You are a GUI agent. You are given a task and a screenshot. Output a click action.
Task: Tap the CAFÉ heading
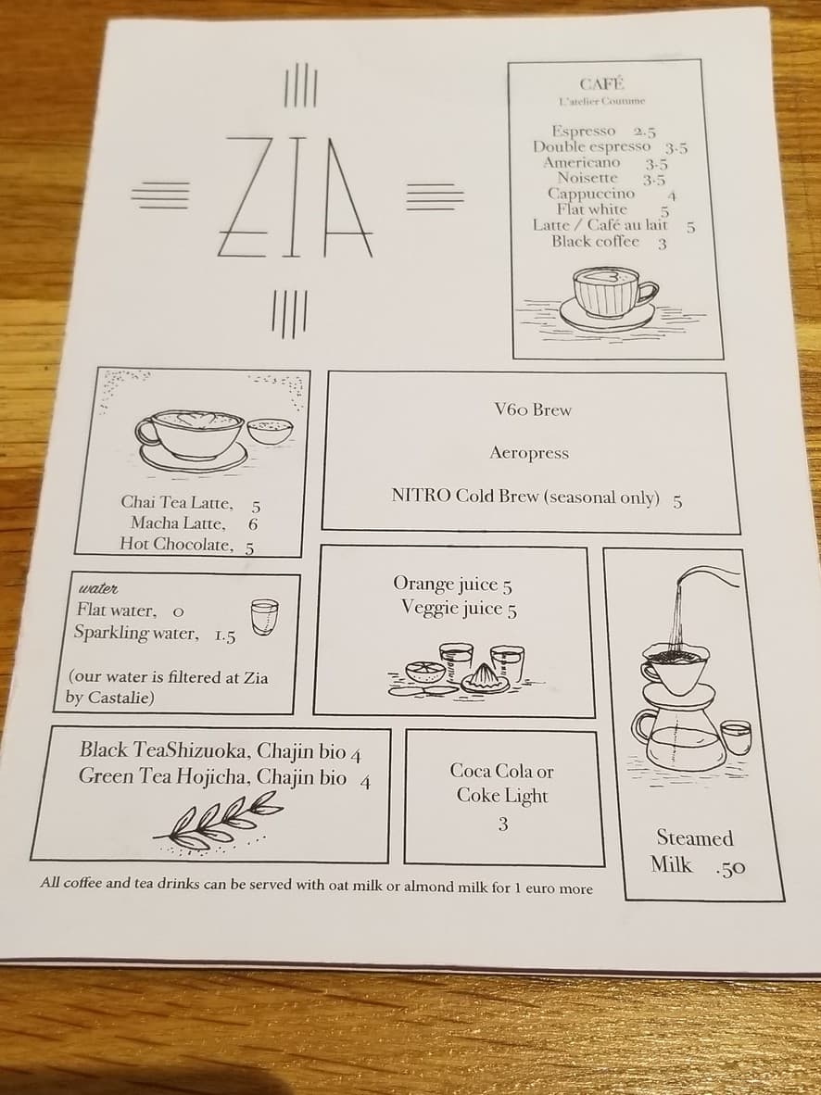point(601,84)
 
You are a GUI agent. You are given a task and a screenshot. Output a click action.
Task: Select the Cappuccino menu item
point(591,194)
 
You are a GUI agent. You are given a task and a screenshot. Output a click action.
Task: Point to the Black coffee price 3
point(662,244)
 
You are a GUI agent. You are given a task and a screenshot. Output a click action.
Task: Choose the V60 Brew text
point(533,409)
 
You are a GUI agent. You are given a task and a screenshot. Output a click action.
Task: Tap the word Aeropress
point(529,453)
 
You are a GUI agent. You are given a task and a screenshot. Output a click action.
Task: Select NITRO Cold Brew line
point(525,497)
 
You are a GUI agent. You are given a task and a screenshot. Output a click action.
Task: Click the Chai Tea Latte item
point(177,503)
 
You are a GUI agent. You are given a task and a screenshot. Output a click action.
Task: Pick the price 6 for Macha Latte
point(253,524)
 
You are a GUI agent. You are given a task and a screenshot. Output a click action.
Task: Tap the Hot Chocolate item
point(177,545)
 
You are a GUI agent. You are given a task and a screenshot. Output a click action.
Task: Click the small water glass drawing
point(264,616)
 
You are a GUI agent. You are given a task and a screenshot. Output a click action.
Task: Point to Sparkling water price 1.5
point(224,636)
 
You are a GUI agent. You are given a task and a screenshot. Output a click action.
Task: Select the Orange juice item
point(447,584)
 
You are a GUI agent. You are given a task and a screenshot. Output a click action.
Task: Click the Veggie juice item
point(451,609)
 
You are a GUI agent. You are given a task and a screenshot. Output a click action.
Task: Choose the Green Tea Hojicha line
point(212,777)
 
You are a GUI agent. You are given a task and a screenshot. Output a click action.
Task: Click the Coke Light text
point(501,796)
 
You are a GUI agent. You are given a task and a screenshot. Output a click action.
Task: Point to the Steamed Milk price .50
point(730,868)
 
